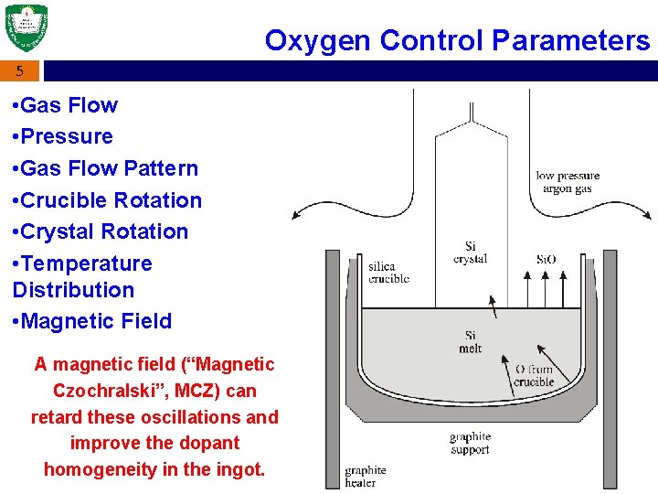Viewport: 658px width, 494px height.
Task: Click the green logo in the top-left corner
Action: (x=27, y=28)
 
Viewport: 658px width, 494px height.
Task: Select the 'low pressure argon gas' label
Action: (x=568, y=182)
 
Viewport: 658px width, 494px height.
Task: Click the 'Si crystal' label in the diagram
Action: (x=470, y=252)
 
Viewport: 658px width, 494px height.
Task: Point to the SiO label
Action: (x=546, y=260)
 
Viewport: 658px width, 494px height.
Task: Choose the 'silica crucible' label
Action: (x=388, y=273)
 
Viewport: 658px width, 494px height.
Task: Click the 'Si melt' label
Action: (x=470, y=342)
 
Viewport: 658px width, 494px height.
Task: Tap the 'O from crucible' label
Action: (x=534, y=375)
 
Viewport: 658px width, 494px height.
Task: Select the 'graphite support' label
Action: (x=470, y=443)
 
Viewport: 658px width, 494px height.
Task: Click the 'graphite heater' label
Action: (x=365, y=476)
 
